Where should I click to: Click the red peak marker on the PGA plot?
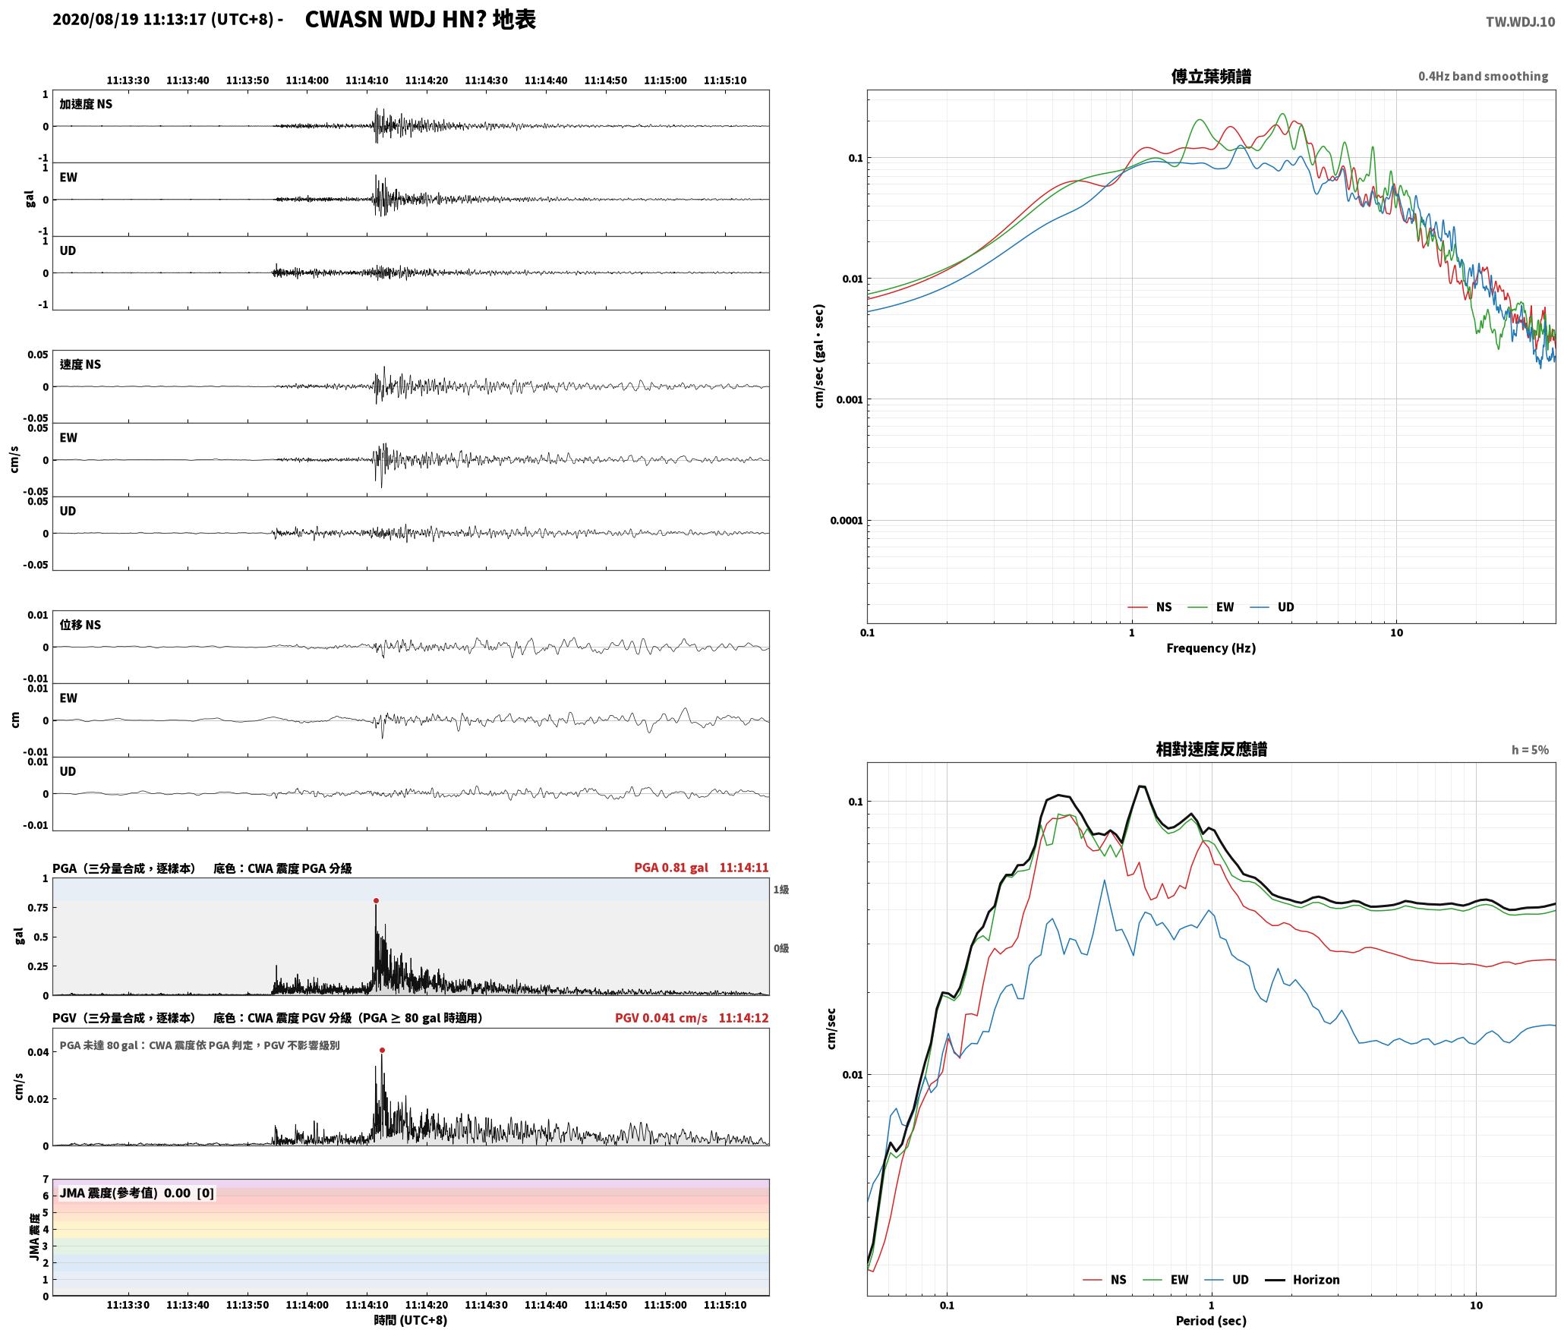coord(376,901)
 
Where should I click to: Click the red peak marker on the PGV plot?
coord(382,1051)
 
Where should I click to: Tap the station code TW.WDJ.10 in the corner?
coord(1520,22)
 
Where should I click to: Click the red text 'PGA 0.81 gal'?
coord(671,868)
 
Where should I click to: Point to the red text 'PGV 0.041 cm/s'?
coord(661,1018)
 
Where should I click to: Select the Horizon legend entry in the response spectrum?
coord(1303,1280)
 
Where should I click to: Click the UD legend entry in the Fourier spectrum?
coord(1272,607)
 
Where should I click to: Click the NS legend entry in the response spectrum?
coord(1105,1280)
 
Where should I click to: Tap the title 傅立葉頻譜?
coord(1211,77)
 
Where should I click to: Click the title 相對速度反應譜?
coord(1211,749)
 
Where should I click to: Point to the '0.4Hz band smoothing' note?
coord(1483,77)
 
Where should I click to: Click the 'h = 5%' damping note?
coord(1530,750)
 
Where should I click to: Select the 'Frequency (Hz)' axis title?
coord(1211,648)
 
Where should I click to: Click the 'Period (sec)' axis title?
coord(1211,1321)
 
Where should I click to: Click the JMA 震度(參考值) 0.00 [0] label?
coord(137,1193)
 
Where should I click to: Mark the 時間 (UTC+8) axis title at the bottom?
coord(411,1320)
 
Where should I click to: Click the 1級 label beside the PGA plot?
coord(781,890)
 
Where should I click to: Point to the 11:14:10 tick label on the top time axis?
coord(367,80)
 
